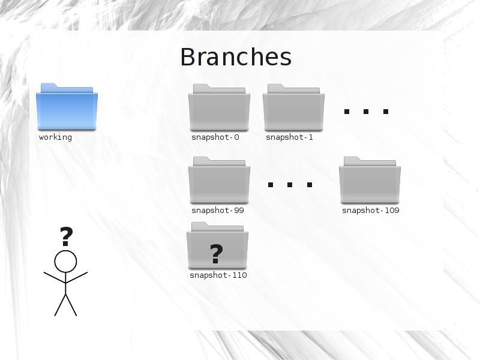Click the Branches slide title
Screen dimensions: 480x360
pos(236,57)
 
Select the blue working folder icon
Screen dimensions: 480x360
pos(67,107)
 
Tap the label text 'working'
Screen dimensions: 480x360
pos(55,137)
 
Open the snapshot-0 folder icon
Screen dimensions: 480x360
pos(219,107)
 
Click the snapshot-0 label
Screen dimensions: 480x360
pos(215,137)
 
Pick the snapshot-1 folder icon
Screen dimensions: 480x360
pos(293,107)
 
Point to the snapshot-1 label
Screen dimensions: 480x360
pos(289,137)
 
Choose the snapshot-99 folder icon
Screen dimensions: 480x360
pos(219,180)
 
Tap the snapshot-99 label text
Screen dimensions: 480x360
pos(218,211)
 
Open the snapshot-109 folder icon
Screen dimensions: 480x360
pos(370,180)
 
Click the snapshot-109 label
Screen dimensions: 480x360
pos(371,211)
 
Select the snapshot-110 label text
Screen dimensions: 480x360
pos(218,275)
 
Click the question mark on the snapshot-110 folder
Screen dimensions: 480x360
pos(217,253)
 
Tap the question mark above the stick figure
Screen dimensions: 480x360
pos(67,236)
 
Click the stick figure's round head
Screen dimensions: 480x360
pos(65,262)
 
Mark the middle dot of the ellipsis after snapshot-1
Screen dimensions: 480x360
pos(366,112)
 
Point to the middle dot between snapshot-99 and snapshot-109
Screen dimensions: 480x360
pos(290,185)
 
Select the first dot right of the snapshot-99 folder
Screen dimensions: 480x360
pos(271,185)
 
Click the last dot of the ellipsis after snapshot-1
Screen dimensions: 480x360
pos(386,112)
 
